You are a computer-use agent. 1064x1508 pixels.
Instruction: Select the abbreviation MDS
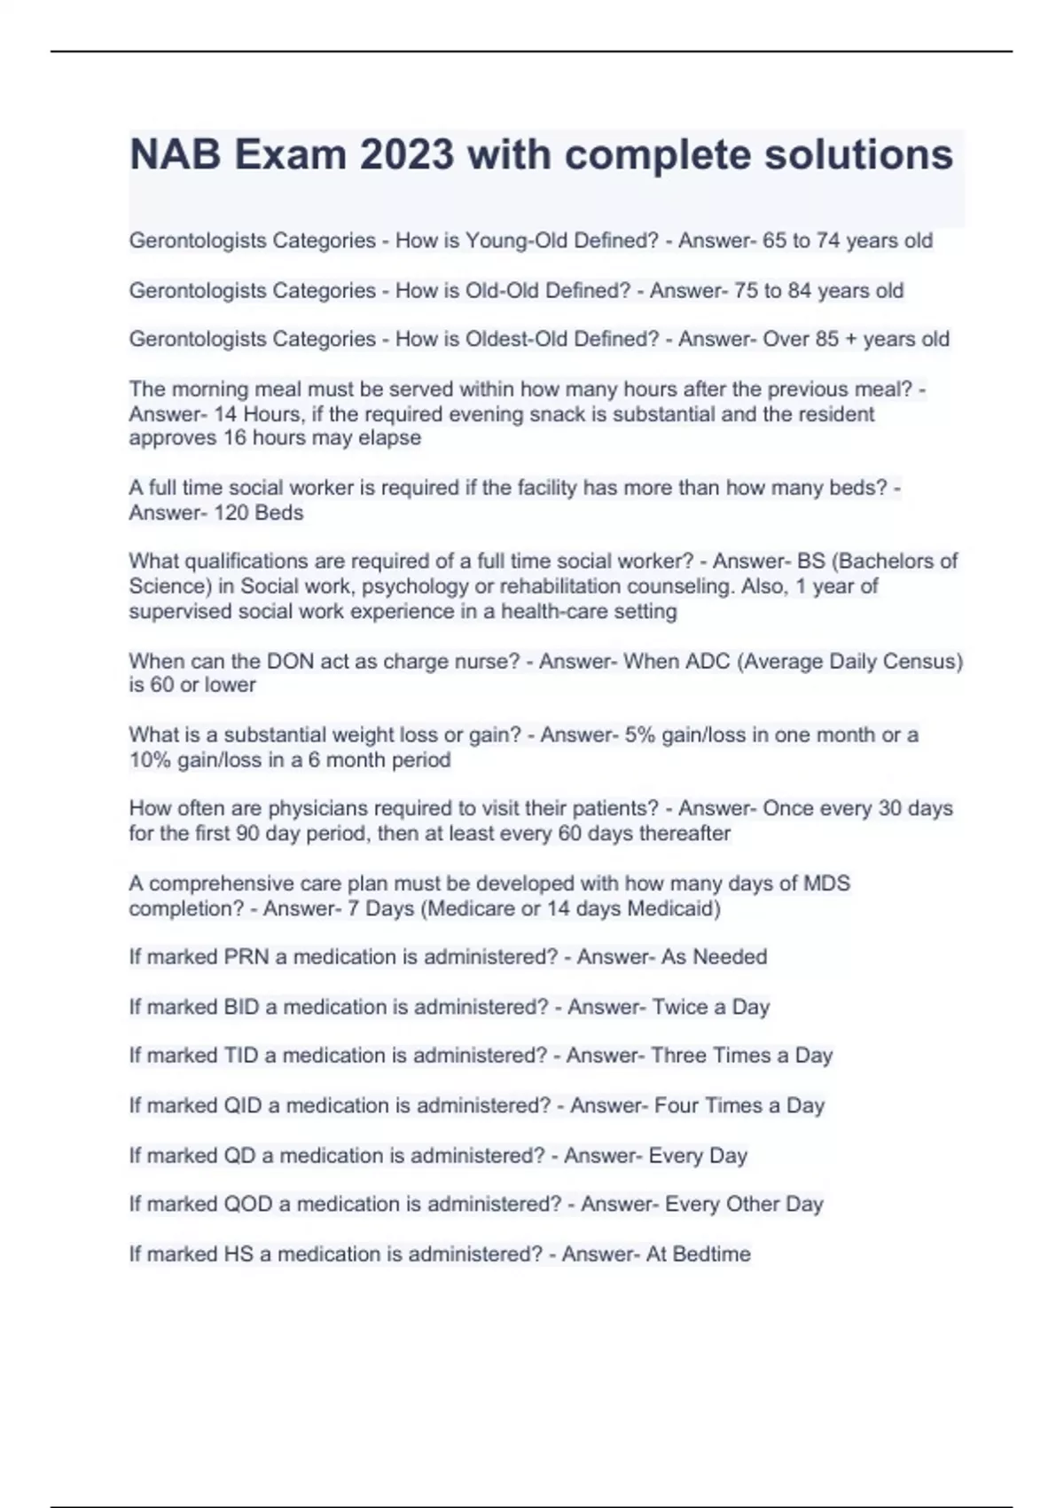(826, 884)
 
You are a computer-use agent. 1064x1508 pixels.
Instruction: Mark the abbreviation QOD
(248, 1204)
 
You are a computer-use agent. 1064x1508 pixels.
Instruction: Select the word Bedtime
(711, 1253)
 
